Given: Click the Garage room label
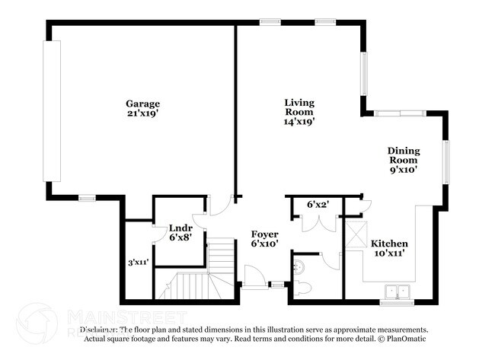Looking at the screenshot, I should click(142, 104).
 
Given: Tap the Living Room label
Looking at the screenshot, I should click(299, 107).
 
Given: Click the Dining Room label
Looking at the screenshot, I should click(404, 156).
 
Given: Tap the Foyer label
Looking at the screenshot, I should click(264, 234).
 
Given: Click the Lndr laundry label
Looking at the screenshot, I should click(180, 227).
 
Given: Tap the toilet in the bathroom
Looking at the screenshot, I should click(302, 287).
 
